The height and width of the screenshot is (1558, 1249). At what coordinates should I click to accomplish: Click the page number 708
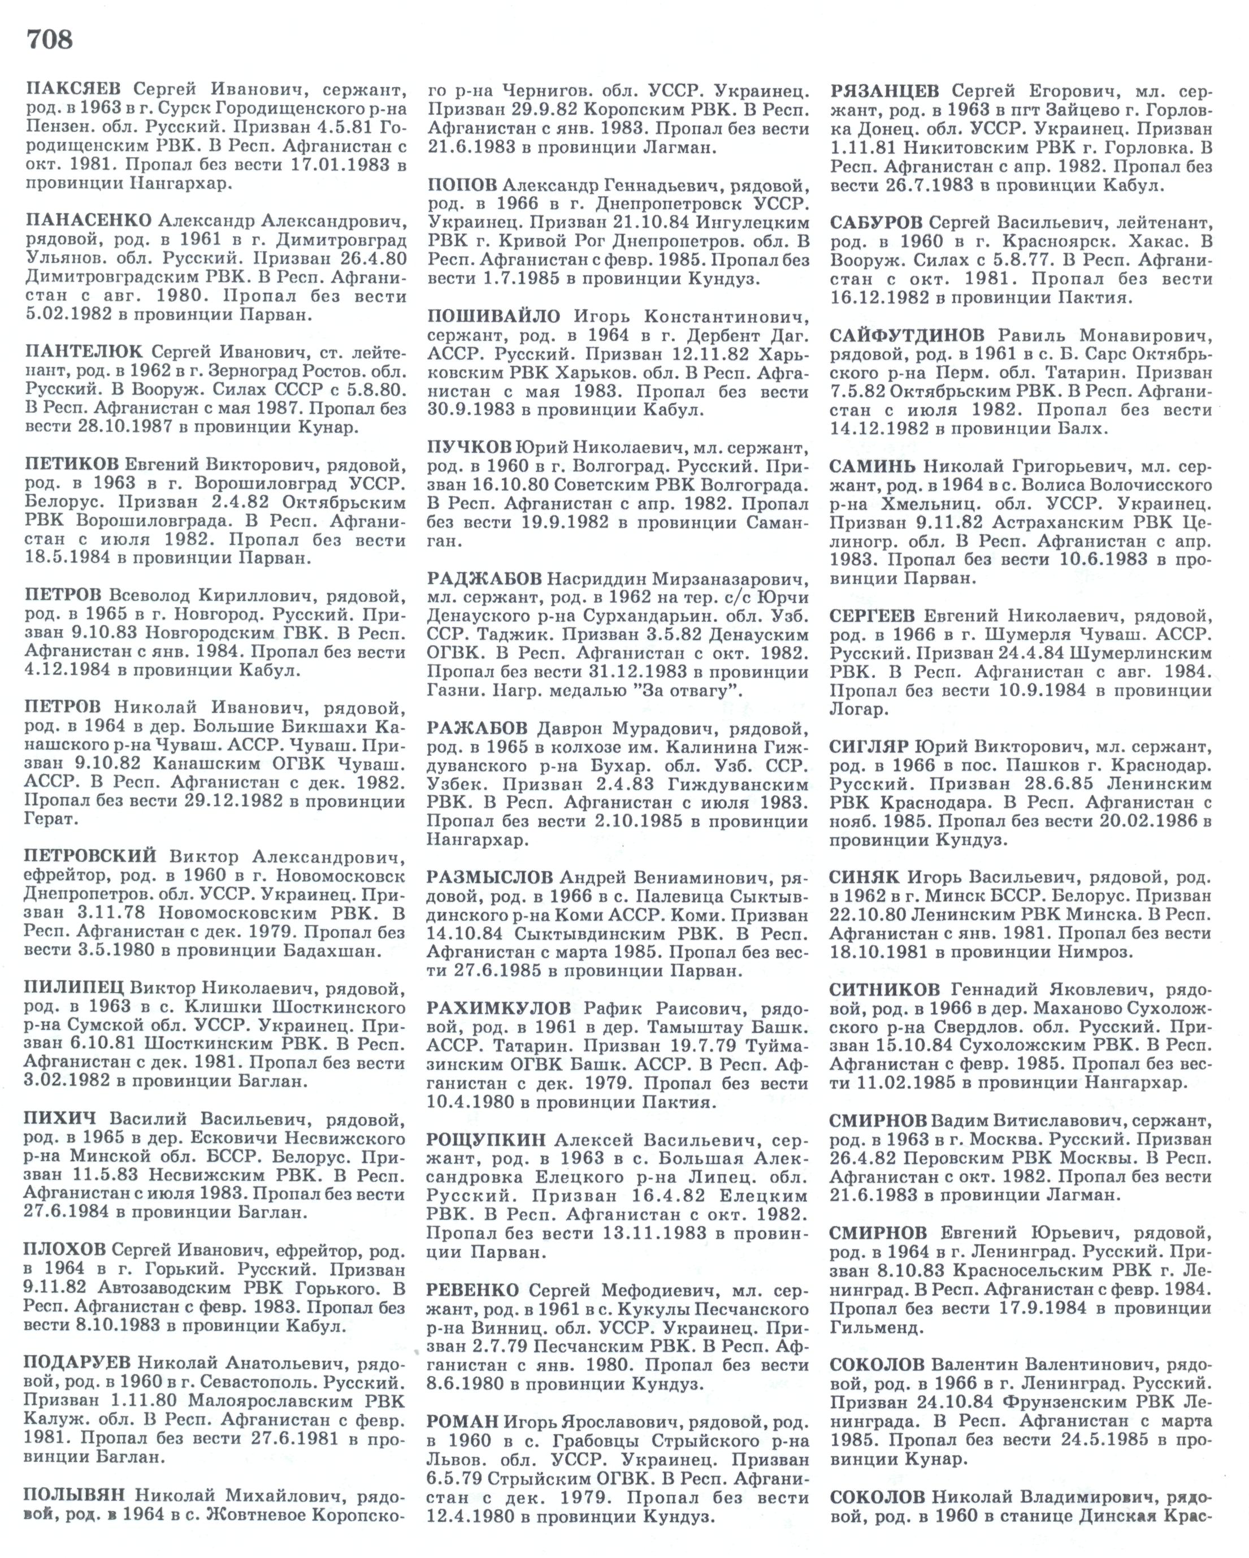[x=50, y=39]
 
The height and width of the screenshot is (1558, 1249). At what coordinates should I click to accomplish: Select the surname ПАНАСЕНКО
[x=88, y=220]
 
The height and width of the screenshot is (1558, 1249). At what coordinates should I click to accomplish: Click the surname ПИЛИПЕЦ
[x=75, y=987]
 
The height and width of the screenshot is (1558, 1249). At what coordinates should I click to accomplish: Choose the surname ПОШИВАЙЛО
[x=493, y=317]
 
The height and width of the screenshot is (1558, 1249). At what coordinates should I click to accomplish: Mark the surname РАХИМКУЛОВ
[x=498, y=1007]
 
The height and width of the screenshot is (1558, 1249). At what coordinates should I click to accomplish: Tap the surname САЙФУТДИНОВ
[x=907, y=335]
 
